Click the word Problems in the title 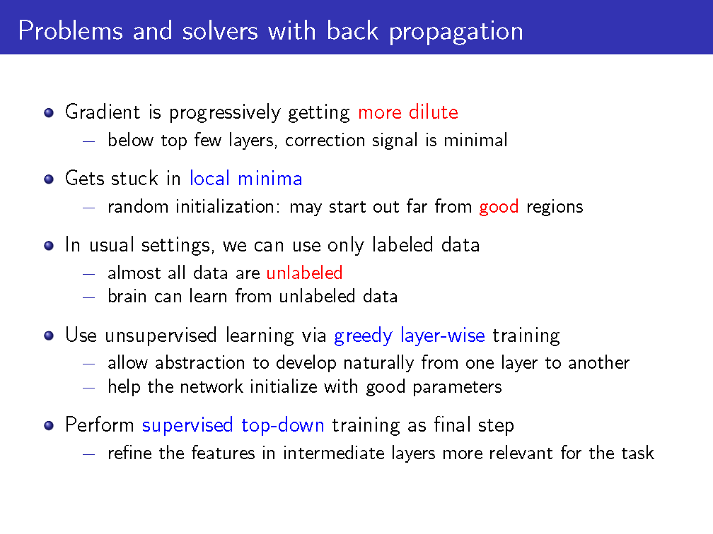point(71,31)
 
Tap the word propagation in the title point(456,32)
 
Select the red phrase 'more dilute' point(408,112)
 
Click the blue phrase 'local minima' point(245,178)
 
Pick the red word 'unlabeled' point(304,273)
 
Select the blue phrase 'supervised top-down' point(233,425)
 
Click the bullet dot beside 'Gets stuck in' point(49,179)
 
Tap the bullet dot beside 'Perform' point(49,426)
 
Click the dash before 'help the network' point(88,388)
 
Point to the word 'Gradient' point(103,112)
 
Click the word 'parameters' point(457,388)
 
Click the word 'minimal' point(475,141)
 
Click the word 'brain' point(127,296)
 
